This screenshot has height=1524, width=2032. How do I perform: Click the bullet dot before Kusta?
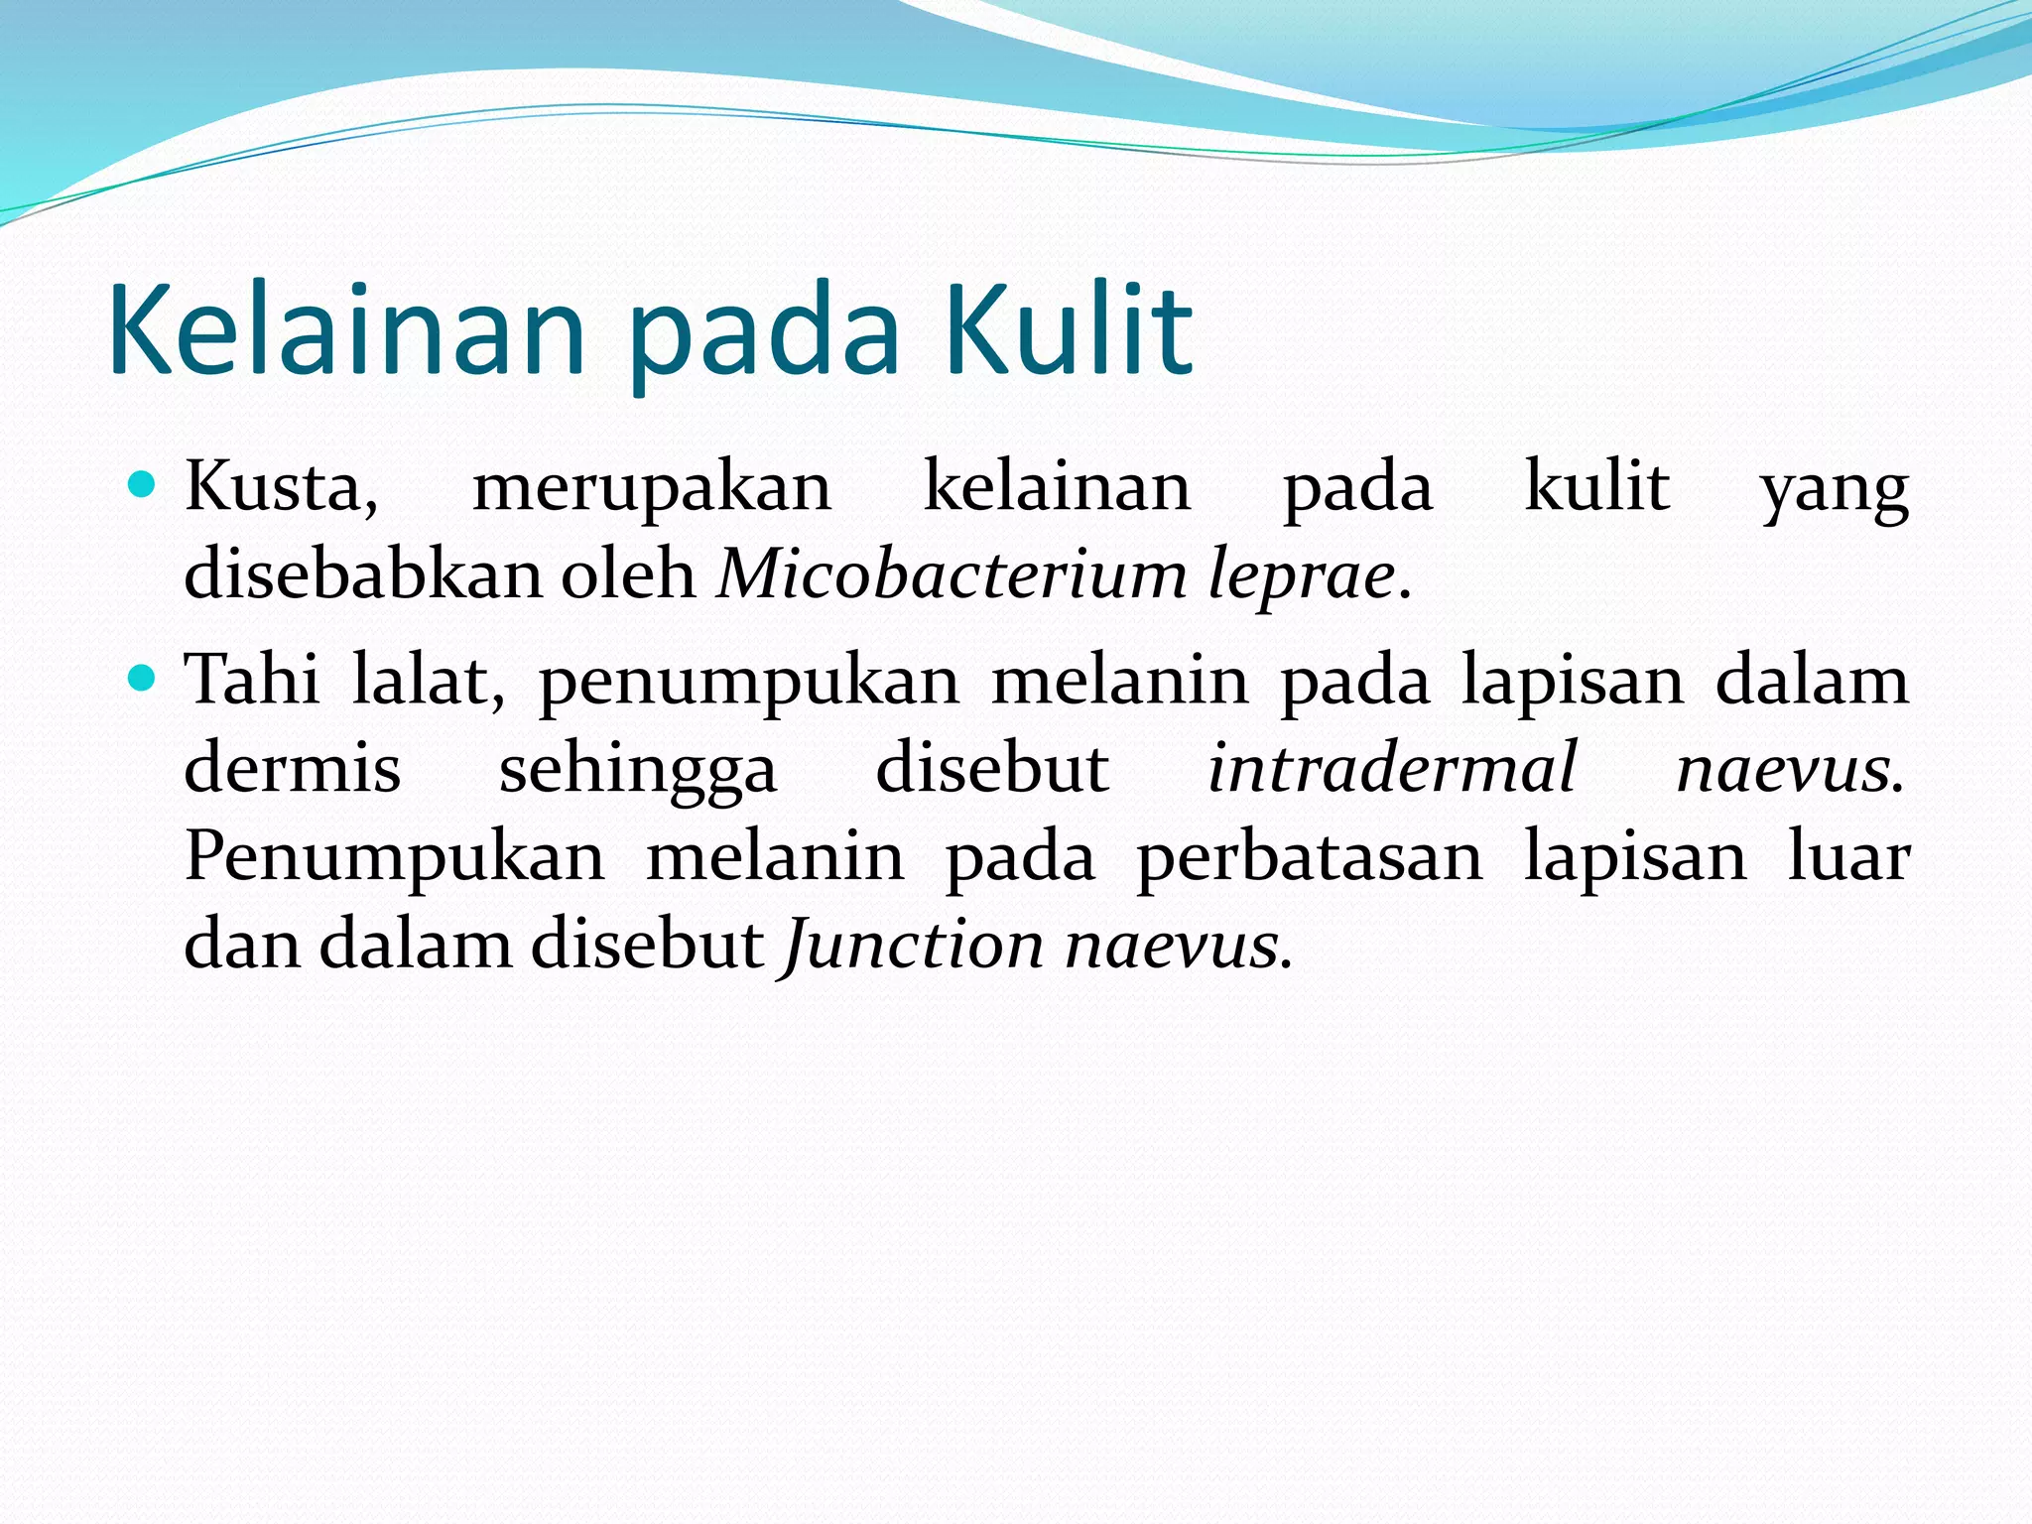point(144,485)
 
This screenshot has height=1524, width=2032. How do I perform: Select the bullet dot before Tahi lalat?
point(144,679)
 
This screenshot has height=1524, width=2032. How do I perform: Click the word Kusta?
point(281,488)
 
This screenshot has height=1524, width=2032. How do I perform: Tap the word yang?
point(1834,490)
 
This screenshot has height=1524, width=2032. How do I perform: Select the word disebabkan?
point(363,574)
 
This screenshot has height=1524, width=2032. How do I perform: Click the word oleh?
point(629,574)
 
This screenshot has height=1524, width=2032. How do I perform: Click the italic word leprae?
point(1302,576)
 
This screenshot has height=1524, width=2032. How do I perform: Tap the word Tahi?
point(253,681)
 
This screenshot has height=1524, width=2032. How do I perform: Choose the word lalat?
point(428,681)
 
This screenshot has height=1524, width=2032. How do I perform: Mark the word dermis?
point(293,768)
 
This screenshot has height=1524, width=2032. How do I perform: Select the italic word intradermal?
point(1392,768)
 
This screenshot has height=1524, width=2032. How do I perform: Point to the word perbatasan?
point(1309,858)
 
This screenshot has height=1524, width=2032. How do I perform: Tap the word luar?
point(1848,856)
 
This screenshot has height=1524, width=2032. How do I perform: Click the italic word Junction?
point(912,946)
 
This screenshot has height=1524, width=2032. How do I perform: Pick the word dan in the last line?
point(241,945)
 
